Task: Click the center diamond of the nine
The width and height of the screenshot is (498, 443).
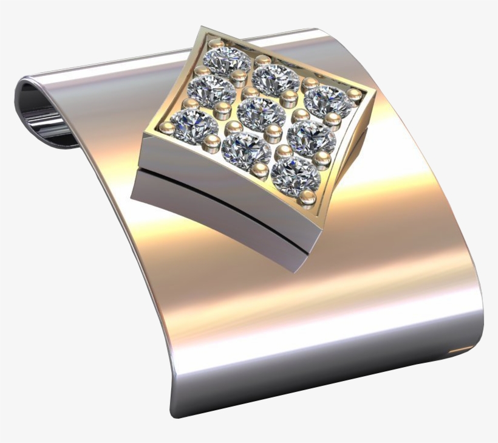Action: pos(262,114)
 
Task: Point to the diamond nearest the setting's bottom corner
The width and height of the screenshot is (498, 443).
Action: pos(295,176)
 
